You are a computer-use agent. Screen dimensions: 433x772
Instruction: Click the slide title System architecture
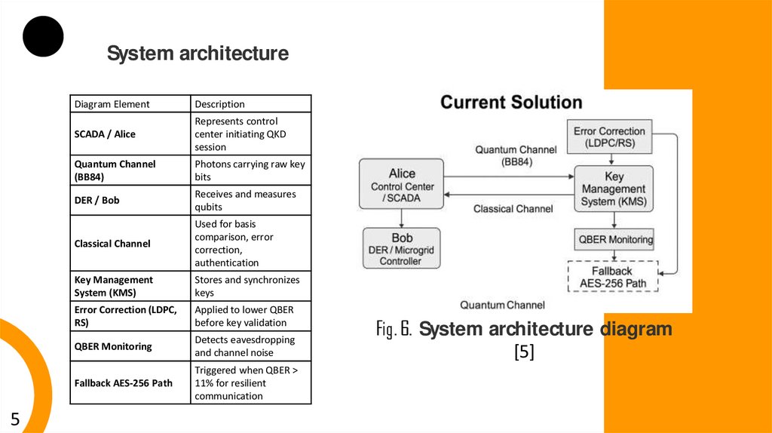coord(198,54)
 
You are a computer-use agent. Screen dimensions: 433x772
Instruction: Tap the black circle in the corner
coord(43,35)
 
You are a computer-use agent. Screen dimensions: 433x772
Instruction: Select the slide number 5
coord(15,419)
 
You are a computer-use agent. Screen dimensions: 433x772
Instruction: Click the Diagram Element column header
coord(112,104)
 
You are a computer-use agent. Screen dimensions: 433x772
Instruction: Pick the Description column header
coord(219,104)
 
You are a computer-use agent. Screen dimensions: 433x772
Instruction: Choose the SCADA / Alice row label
coord(105,134)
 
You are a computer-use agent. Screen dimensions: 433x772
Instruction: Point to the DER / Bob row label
coord(96,200)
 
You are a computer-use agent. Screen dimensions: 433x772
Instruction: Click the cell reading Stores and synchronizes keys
coord(247,286)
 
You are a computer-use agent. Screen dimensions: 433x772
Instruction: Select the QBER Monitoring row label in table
coord(113,346)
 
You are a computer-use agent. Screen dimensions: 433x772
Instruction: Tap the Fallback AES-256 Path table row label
coord(124,382)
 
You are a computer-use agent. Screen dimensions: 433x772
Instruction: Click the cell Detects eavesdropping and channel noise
coord(245,346)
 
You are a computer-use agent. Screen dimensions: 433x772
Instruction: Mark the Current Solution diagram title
coord(511,103)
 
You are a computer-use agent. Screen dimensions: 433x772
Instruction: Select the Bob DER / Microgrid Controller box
coord(402,249)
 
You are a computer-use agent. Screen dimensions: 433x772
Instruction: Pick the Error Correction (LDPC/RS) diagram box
coord(609,137)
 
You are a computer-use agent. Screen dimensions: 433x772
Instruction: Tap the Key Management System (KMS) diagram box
coord(614,189)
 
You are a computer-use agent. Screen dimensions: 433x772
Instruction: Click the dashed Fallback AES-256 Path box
coord(612,277)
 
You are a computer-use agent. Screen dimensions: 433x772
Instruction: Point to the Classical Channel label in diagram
coord(513,209)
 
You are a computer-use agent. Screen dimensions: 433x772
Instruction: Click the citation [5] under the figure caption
coord(524,352)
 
